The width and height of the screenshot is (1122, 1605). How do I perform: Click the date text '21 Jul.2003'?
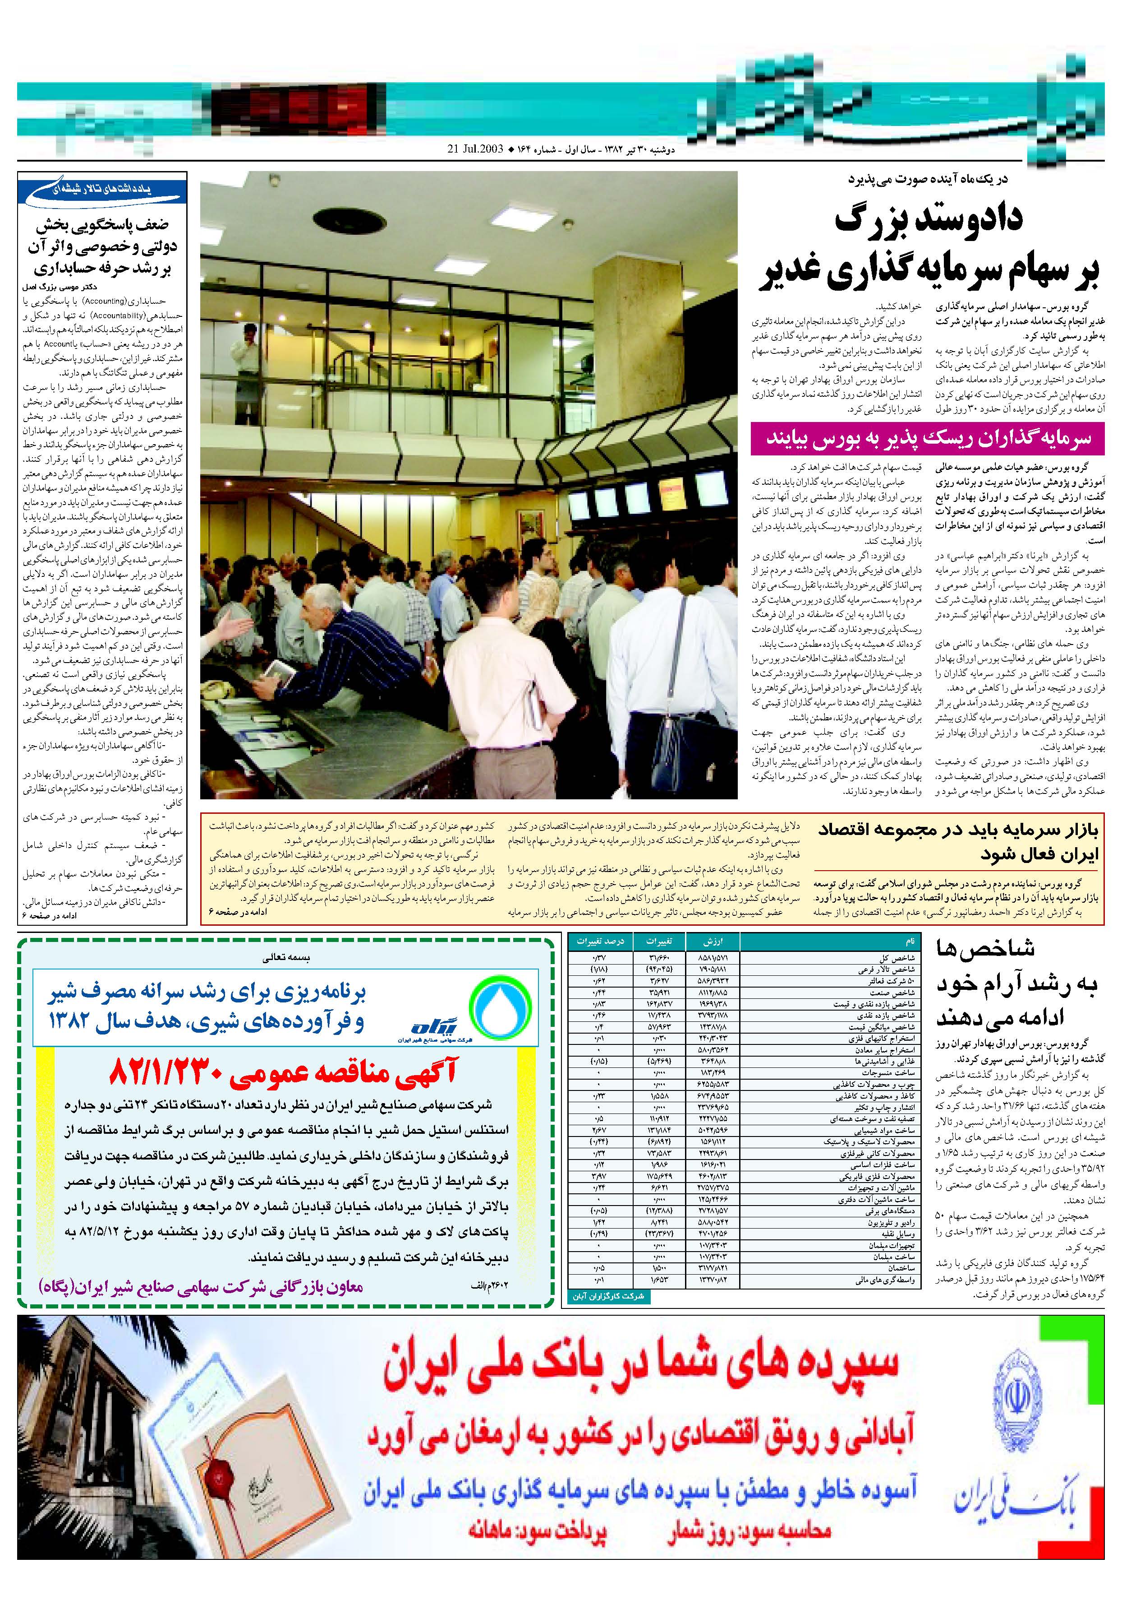coord(475,149)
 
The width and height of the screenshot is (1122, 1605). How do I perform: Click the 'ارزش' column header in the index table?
coord(713,941)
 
